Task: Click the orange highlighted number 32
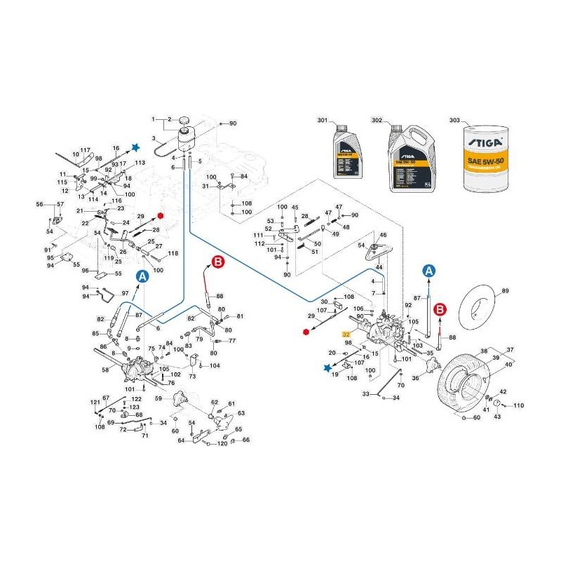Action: [345, 335]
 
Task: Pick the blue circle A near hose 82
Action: [142, 276]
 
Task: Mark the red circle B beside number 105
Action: [440, 309]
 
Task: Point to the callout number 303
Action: [454, 121]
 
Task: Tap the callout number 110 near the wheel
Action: [518, 406]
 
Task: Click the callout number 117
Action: [86, 151]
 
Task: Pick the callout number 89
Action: [506, 290]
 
